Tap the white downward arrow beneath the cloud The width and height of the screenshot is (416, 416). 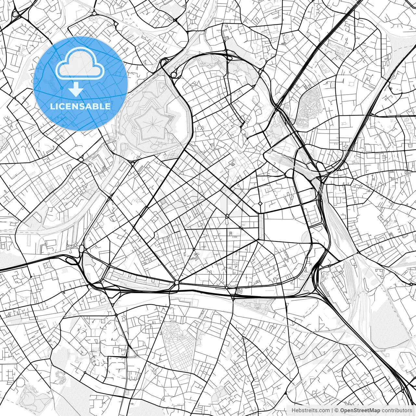tap(76, 89)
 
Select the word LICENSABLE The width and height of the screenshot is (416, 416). tap(80, 106)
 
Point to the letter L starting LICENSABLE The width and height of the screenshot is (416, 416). tap(52, 106)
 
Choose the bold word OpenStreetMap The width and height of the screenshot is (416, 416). tap(360, 410)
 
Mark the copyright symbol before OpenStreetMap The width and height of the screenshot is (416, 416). tap(337, 410)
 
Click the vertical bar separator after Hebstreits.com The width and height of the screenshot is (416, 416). tap(332, 410)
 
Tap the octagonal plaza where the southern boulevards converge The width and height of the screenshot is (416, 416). tap(176, 282)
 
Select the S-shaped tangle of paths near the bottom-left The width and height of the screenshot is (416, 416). tap(59, 376)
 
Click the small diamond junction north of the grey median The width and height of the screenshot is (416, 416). tap(260, 203)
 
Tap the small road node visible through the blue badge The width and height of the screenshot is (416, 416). tap(62, 88)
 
